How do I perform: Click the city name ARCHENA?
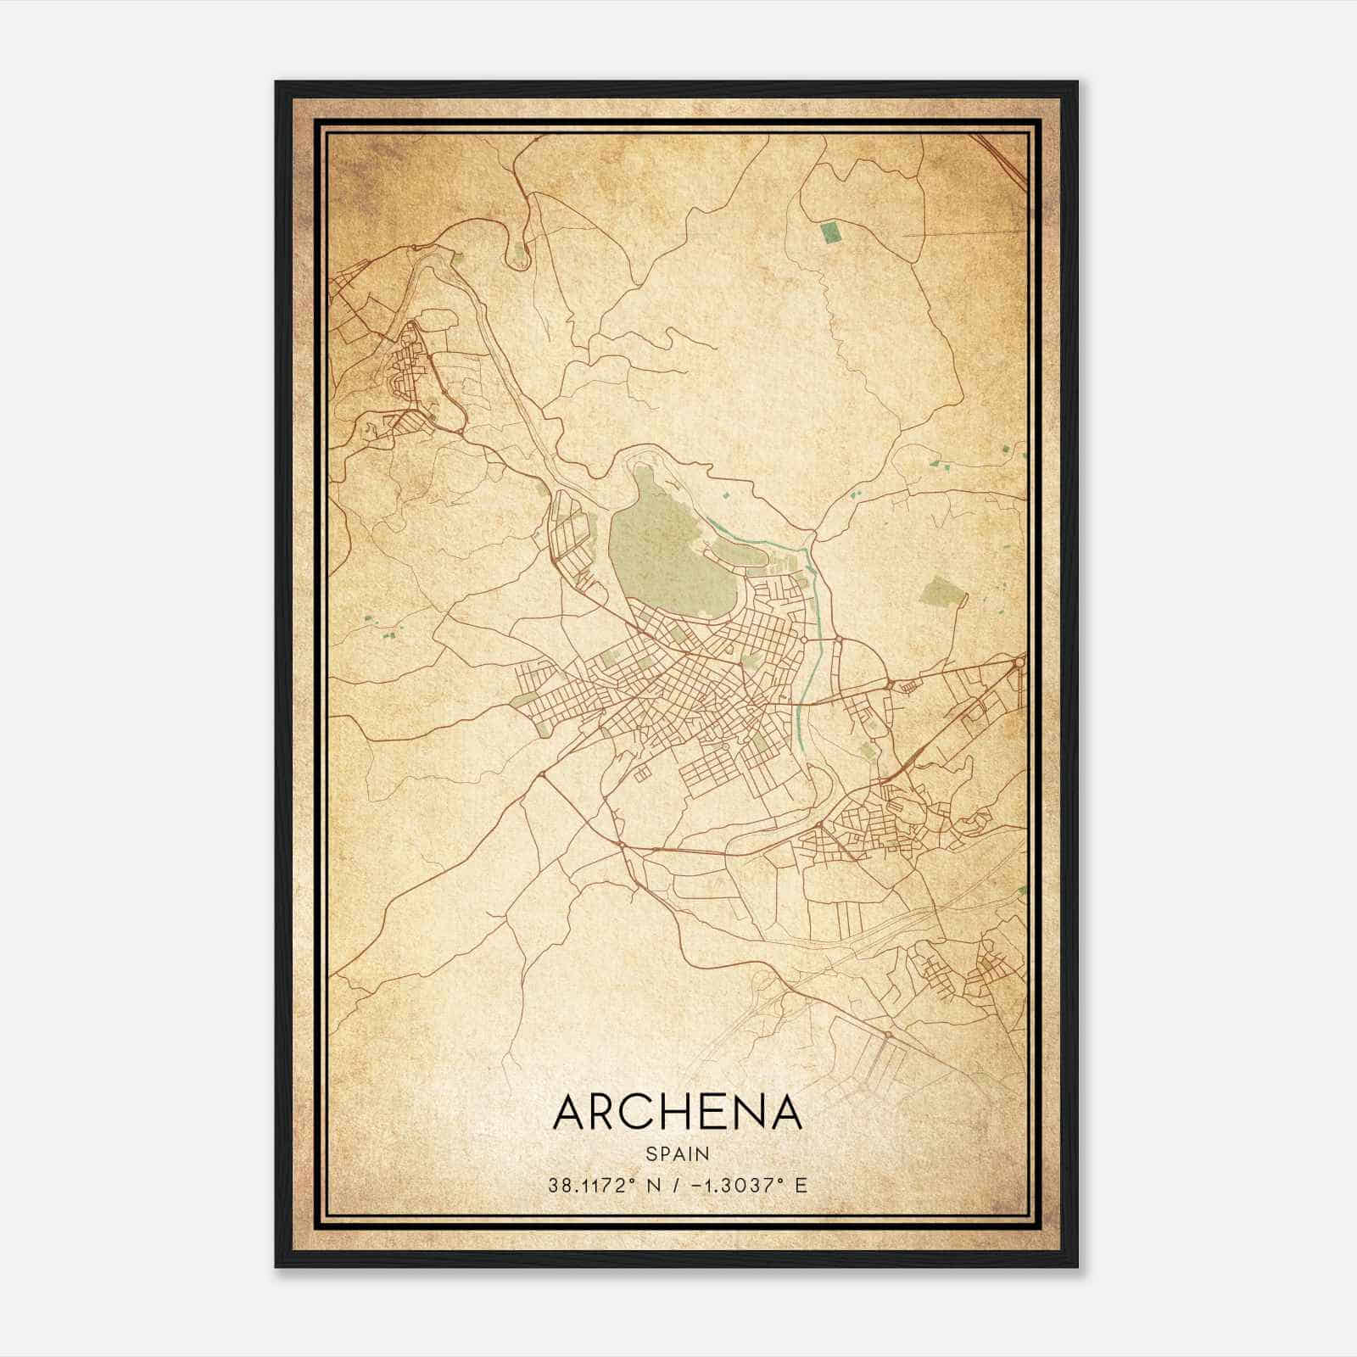(677, 1113)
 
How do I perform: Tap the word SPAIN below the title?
(677, 1153)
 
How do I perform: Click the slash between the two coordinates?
(673, 1185)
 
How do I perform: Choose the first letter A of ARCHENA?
(569, 1113)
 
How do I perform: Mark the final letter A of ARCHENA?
(785, 1113)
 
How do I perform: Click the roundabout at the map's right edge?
(1019, 662)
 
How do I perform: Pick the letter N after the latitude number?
(653, 1185)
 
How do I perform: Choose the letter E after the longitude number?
(801, 1185)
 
